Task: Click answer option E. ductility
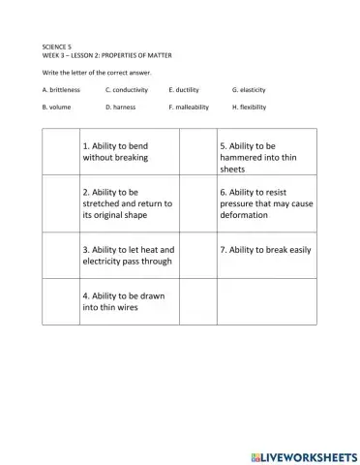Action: point(183,89)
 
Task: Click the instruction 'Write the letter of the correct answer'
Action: point(97,72)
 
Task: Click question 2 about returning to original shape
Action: point(127,202)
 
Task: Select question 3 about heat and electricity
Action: point(127,255)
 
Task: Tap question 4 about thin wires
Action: point(120,301)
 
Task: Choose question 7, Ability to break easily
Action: point(265,249)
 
